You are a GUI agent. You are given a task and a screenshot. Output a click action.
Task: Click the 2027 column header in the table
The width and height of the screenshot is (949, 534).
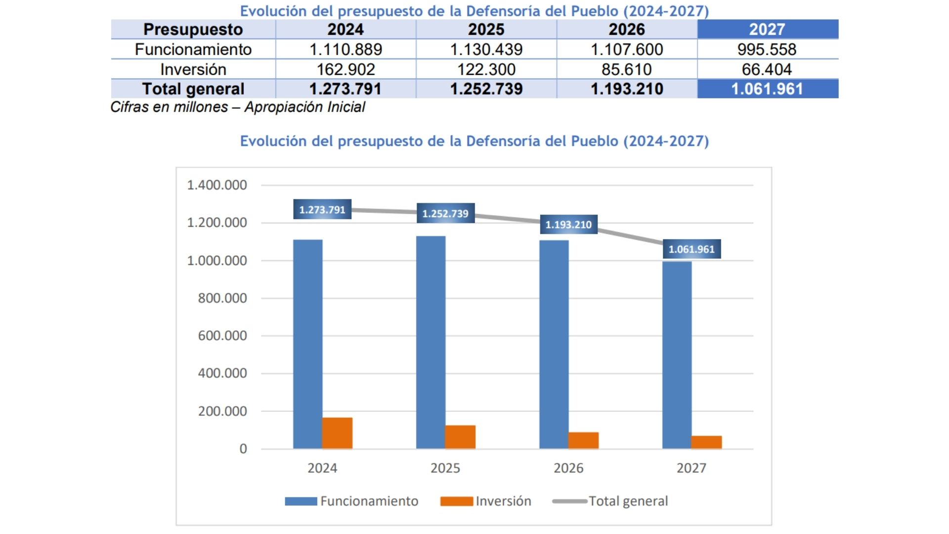767,29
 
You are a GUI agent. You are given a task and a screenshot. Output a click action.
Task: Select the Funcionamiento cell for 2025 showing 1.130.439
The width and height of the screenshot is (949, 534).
486,49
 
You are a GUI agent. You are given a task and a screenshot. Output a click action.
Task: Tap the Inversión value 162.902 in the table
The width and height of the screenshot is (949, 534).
345,69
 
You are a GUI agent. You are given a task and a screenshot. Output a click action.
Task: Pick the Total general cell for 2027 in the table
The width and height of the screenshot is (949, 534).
767,89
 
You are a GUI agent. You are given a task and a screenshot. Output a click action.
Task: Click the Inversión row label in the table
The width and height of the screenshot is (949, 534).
193,69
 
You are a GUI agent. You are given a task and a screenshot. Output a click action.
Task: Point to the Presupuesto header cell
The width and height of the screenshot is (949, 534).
193,29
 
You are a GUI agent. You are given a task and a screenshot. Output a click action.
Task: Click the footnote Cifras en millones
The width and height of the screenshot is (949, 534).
237,107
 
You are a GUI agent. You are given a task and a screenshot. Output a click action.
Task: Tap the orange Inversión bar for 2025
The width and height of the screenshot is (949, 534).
460,437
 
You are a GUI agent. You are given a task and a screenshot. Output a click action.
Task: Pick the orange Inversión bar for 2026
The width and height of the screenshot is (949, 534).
583,441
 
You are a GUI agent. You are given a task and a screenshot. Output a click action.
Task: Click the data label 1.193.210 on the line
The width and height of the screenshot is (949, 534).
568,224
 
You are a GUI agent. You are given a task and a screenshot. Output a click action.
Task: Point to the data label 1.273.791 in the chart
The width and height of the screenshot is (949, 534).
322,210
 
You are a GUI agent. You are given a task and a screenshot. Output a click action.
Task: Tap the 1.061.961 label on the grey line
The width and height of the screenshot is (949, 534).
691,249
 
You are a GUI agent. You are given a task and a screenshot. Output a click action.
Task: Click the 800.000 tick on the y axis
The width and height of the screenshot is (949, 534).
222,298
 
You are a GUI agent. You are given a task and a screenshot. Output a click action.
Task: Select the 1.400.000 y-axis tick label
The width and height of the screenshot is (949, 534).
216,185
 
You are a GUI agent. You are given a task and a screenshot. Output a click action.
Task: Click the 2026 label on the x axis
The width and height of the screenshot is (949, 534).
568,468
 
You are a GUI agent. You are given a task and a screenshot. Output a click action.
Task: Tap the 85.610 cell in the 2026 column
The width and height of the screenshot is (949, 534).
626,69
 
